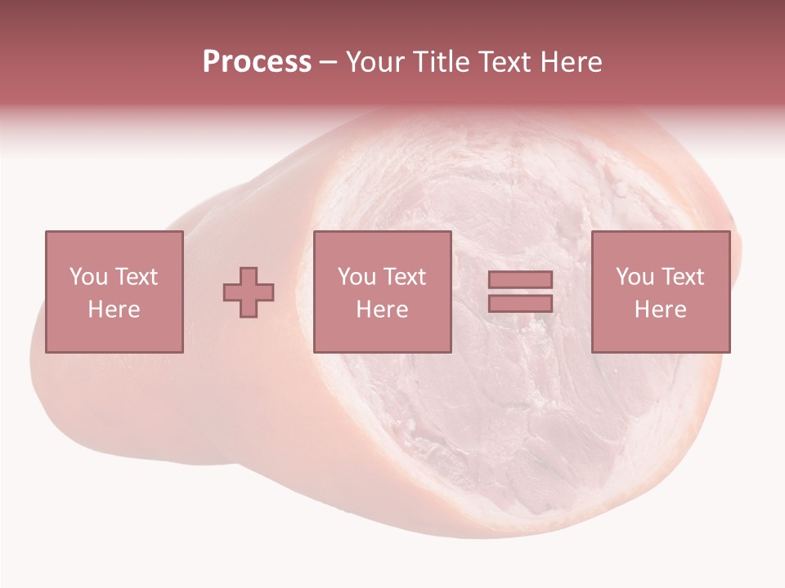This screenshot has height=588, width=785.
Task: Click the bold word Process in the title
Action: [x=257, y=62]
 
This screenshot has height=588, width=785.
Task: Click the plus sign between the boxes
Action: [x=249, y=292]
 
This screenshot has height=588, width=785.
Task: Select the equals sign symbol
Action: [x=520, y=292]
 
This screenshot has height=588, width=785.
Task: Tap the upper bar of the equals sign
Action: [x=520, y=279]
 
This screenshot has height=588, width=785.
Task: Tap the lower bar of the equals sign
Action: [x=520, y=303]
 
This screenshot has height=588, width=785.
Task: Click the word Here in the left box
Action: [x=114, y=310]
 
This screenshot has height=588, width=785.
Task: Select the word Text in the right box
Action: [x=682, y=277]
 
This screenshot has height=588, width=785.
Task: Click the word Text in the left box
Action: [x=136, y=277]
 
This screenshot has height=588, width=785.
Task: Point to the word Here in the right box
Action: [x=660, y=310]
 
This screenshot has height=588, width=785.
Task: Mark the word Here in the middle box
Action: [x=382, y=310]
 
